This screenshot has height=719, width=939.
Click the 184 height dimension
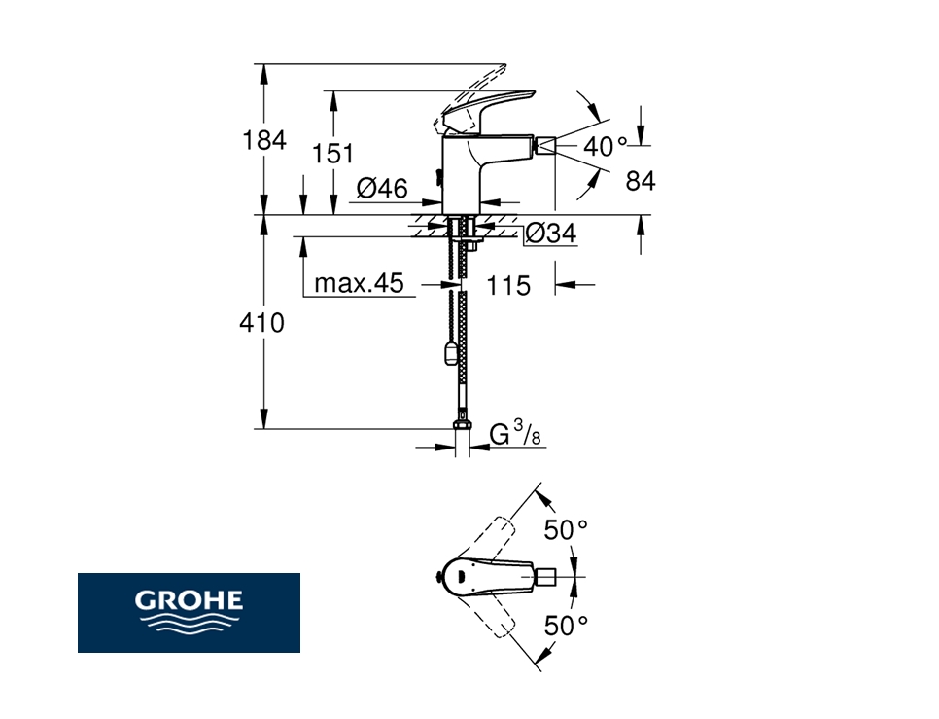click(x=264, y=141)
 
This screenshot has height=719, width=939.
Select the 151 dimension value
click(x=333, y=154)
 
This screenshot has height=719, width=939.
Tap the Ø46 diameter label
click(x=382, y=188)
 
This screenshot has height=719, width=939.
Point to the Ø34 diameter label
click(x=551, y=234)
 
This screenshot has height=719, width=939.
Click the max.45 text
click(x=360, y=283)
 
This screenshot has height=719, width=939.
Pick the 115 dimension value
click(x=508, y=286)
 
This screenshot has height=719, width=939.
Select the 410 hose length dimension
click(x=261, y=323)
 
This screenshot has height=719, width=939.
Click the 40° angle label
click(x=606, y=146)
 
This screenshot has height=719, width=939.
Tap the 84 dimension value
click(x=641, y=180)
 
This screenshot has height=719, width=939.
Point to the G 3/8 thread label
click(x=515, y=433)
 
